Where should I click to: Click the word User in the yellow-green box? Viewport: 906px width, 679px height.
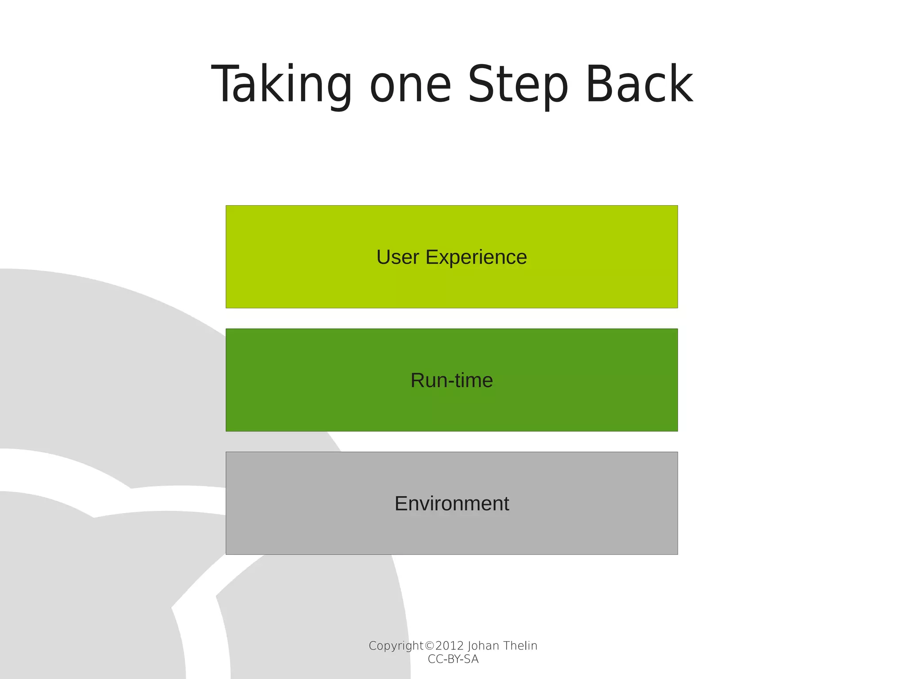[397, 257]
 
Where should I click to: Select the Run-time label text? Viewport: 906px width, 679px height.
[452, 380]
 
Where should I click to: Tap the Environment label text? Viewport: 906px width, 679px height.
[452, 503]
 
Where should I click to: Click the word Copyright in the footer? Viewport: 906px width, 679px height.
[395, 646]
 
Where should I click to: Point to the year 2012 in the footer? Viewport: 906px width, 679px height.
[449, 646]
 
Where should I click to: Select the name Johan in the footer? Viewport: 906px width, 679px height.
[484, 646]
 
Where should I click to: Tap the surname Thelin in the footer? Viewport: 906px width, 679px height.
[520, 646]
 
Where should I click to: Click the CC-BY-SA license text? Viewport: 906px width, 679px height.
[453, 659]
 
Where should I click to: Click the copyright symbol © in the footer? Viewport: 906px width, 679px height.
[429, 646]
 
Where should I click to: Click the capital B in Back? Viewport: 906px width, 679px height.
[599, 84]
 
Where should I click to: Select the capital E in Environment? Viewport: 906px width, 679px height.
[401, 503]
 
